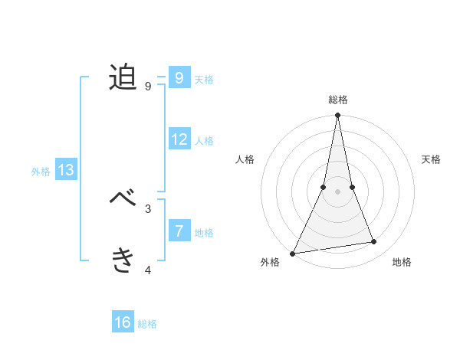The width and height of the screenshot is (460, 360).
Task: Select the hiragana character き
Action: (123, 260)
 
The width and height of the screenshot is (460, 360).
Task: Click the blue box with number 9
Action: (179, 77)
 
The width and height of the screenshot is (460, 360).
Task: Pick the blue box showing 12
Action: (179, 139)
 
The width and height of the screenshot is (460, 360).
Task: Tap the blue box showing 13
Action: (66, 170)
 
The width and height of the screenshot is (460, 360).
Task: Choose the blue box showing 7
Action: (179, 231)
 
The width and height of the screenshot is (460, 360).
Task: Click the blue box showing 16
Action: (123, 322)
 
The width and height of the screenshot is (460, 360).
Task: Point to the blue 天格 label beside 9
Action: (204, 80)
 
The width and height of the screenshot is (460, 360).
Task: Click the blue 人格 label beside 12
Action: (204, 141)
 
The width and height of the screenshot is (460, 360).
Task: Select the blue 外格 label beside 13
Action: (41, 172)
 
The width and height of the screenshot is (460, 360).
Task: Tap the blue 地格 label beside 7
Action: (204, 233)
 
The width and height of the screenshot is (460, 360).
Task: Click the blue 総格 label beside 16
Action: (147, 324)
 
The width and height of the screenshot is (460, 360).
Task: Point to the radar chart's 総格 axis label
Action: (337, 100)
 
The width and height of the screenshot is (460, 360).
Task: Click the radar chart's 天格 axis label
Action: (432, 159)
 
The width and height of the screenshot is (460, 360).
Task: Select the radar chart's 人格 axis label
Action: (245, 159)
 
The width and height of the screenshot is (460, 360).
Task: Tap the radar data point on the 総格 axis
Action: (337, 116)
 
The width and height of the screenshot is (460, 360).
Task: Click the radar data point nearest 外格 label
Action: (293, 254)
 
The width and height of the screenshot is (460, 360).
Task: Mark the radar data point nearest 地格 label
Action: (374, 242)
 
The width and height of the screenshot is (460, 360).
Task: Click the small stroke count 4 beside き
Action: (148, 269)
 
